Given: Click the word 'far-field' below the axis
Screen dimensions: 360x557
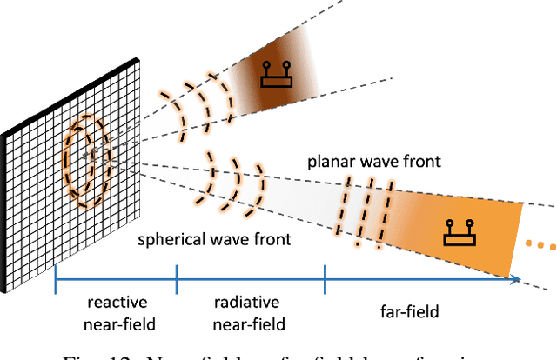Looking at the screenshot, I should tap(409, 310).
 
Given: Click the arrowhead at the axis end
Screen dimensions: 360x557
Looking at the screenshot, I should tap(515, 281).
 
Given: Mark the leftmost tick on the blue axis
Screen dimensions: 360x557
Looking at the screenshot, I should tap(56, 281).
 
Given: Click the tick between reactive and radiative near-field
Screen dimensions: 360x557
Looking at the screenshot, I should tap(177, 281).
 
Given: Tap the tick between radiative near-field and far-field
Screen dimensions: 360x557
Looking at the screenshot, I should tap(325, 281).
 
